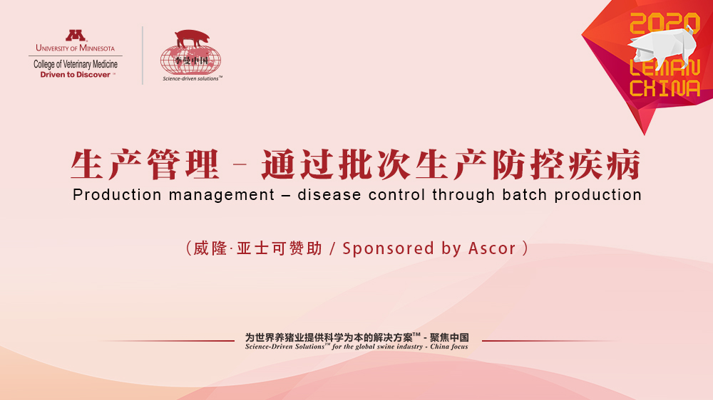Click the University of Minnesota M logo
pyautogui.click(x=76, y=36)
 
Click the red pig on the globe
pyautogui.click(x=193, y=38)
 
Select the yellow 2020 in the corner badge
pyautogui.click(x=665, y=23)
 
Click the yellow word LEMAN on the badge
pyautogui.click(x=665, y=68)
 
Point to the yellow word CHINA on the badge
pyautogui.click(x=665, y=88)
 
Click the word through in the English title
pyautogui.click(x=463, y=196)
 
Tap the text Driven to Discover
pyautogui.click(x=75, y=75)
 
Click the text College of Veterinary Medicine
pyautogui.click(x=76, y=64)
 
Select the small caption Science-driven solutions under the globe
pyautogui.click(x=191, y=78)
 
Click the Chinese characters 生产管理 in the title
pyautogui.click(x=145, y=165)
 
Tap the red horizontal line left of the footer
pyautogui.click(x=166, y=340)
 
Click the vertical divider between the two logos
pyautogui.click(x=143, y=56)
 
